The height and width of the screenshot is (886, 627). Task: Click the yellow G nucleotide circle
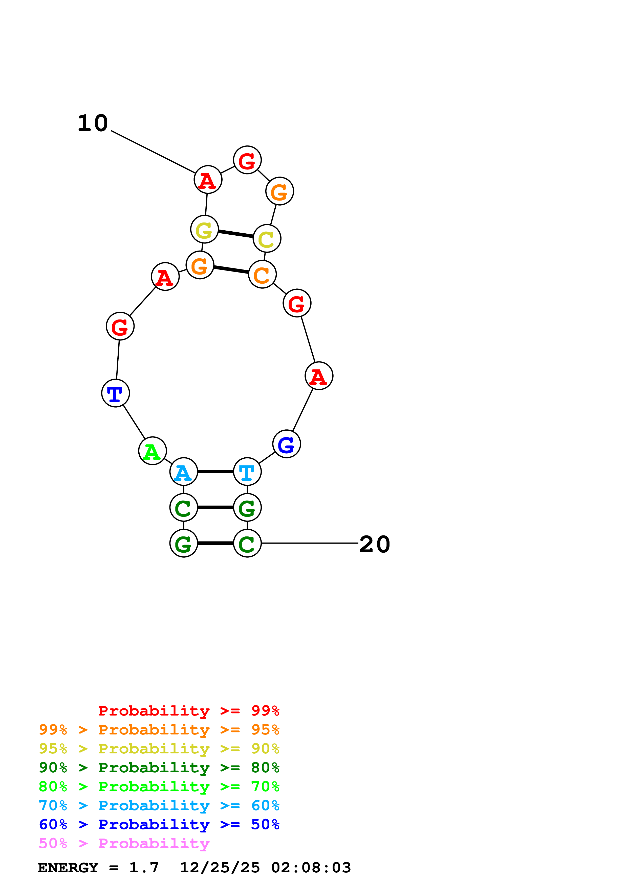point(204,230)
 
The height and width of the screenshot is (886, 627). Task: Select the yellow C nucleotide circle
point(267,238)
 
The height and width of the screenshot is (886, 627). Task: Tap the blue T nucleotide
point(115,393)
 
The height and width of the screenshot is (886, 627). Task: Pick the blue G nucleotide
point(286,444)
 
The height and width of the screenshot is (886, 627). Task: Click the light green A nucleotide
point(152,451)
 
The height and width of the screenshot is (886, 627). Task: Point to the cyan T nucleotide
point(247,472)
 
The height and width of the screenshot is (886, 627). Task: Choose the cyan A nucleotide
point(184,472)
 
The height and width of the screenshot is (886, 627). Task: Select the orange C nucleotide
point(262,274)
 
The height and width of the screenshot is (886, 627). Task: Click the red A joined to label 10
point(208,180)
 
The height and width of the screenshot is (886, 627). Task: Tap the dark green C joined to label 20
point(247,543)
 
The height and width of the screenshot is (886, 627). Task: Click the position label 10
point(93,124)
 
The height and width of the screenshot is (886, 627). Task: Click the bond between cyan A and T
point(215,472)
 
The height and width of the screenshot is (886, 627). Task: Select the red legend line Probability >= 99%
point(188,711)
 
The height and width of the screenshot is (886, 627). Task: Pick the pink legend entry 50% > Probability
point(124,844)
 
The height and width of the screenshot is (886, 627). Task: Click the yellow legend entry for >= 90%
point(159,749)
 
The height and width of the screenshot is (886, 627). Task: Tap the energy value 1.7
point(144,868)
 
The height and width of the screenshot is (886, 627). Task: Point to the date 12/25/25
point(220,868)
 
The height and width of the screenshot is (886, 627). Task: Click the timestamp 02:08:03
point(311,868)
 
